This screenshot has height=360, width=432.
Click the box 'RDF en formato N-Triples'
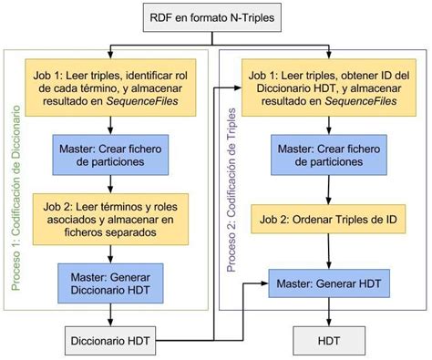point(216,16)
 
